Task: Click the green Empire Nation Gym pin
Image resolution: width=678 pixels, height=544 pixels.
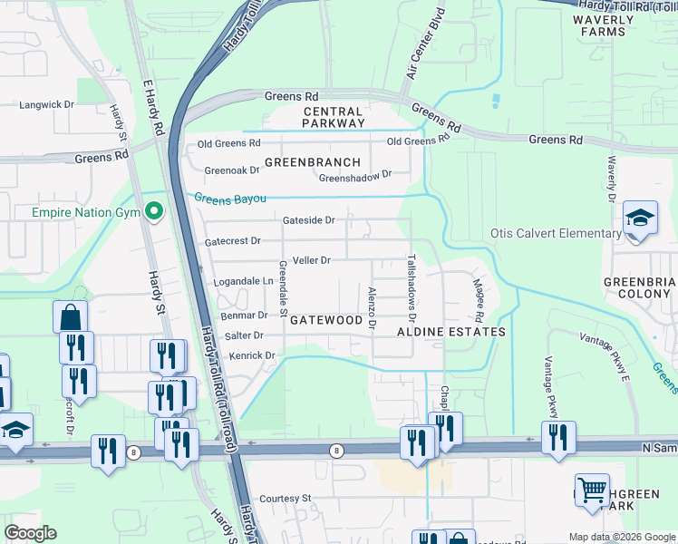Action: click(x=154, y=212)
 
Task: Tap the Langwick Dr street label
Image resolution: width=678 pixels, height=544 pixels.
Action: click(x=46, y=105)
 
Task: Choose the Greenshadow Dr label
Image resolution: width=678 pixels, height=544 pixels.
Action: click(x=354, y=176)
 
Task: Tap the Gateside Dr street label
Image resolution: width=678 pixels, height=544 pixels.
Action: click(x=309, y=219)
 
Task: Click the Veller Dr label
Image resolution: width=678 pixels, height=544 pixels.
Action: click(x=312, y=260)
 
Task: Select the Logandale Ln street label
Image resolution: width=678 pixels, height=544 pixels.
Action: click(x=243, y=282)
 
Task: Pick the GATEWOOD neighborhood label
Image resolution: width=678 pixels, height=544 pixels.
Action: click(x=326, y=320)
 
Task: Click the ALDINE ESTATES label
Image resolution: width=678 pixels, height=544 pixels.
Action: click(x=451, y=332)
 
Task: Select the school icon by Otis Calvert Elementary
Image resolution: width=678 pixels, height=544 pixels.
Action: click(x=640, y=219)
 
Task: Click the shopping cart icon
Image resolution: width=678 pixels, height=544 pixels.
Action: click(x=592, y=491)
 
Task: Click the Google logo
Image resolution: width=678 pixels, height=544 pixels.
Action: click(x=30, y=533)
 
